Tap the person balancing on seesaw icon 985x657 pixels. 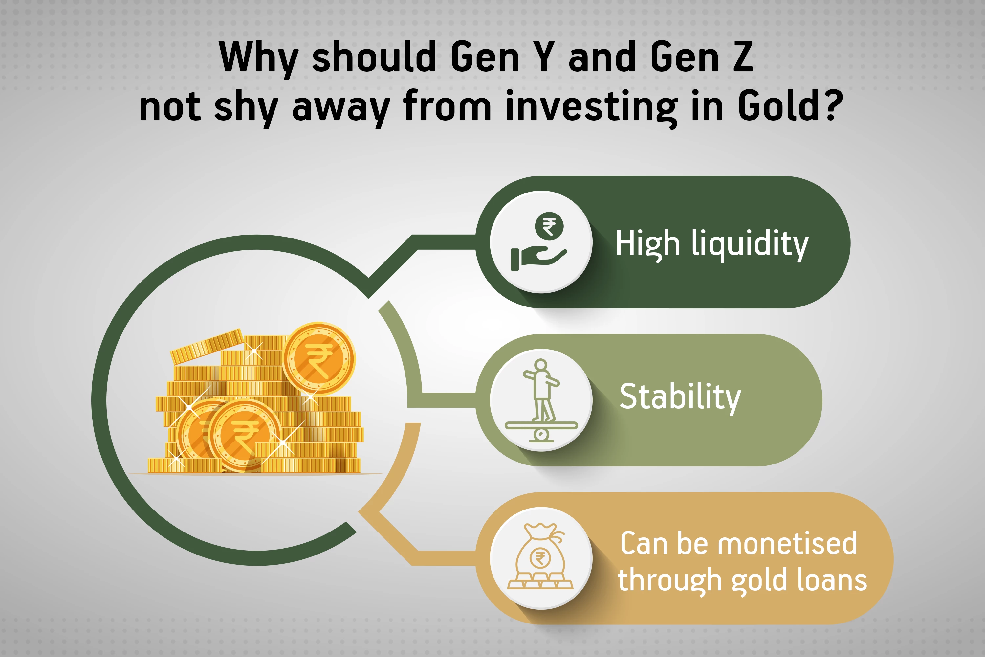pyautogui.click(x=541, y=400)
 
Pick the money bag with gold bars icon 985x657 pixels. pyautogui.click(x=540, y=556)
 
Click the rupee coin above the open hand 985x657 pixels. pyautogui.click(x=549, y=226)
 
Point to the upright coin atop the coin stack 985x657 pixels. pyautogui.click(x=319, y=359)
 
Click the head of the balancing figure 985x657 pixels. pyautogui.click(x=541, y=365)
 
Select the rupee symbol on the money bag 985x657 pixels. pyautogui.click(x=540, y=558)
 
